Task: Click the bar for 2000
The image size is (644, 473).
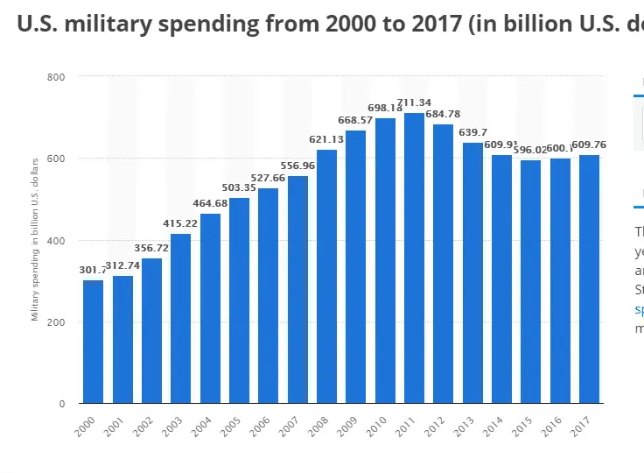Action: point(94,342)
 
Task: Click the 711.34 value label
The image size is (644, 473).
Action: point(414,103)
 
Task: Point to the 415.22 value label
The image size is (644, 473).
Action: point(181,224)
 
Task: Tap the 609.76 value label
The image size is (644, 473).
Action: point(589,145)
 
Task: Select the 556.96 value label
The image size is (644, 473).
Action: point(297,166)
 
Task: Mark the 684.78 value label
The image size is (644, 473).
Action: point(443,115)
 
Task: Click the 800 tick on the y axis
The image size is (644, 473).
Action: point(57,77)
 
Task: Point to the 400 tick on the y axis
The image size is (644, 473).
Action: point(57,241)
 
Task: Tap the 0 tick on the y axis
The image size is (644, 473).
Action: point(62,404)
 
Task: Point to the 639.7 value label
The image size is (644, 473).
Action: point(472,132)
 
